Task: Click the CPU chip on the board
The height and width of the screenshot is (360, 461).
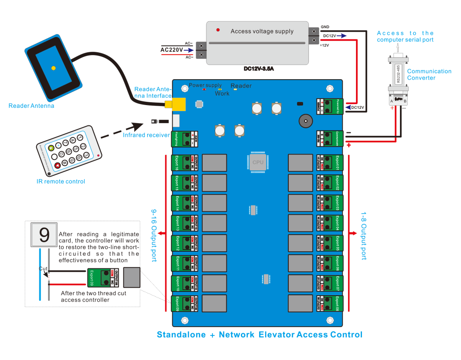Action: click(x=258, y=162)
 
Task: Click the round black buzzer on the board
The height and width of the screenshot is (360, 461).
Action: click(x=305, y=122)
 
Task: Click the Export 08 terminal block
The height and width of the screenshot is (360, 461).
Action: click(x=329, y=304)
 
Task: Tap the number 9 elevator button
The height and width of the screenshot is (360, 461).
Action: click(x=44, y=235)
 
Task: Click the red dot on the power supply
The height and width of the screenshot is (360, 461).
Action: click(x=218, y=30)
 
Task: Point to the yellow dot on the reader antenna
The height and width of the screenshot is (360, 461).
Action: click(x=54, y=68)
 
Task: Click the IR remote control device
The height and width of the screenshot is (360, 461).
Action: click(x=69, y=150)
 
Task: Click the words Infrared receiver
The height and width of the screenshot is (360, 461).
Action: click(x=146, y=135)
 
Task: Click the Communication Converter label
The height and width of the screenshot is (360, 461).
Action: click(x=429, y=74)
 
